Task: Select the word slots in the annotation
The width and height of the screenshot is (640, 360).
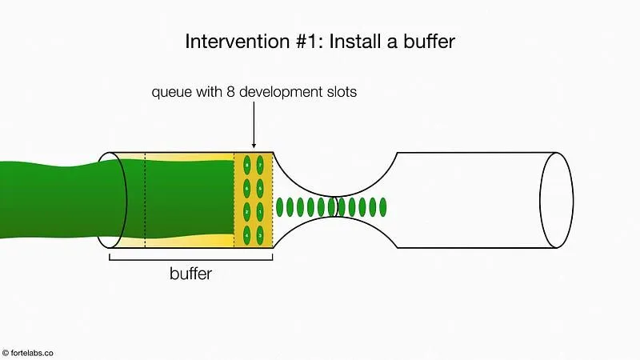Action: click(x=342, y=92)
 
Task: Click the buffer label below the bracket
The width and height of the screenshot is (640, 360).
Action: click(x=191, y=274)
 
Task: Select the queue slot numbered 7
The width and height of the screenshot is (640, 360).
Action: click(x=261, y=166)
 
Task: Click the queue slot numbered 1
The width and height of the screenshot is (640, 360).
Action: click(x=261, y=212)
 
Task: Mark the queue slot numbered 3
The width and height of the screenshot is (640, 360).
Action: click(x=261, y=234)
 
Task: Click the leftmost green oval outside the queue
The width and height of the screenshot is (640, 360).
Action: click(x=280, y=206)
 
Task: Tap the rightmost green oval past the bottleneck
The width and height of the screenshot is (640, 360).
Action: click(x=383, y=206)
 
